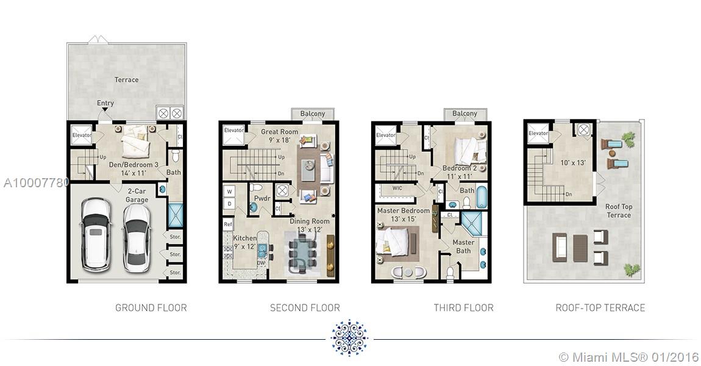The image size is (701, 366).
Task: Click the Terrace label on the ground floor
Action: pos(127,80)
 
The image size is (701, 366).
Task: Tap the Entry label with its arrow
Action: pos(105,105)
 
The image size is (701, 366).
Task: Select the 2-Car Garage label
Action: pos(137,196)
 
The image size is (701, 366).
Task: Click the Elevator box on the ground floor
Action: pos(82,135)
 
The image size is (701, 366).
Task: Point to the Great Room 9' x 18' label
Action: pos(279,136)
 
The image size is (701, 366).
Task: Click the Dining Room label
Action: pos(310,221)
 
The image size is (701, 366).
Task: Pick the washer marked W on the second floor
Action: pos(230,192)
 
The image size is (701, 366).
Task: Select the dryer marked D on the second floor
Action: pos(230,204)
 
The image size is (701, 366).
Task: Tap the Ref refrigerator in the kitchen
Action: pos(228,224)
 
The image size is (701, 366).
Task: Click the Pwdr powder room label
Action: pos(262,198)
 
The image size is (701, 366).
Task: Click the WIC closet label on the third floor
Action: pos(397,188)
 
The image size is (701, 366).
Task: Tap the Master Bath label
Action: pos(463,246)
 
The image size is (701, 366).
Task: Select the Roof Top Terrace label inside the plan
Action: pos(619,210)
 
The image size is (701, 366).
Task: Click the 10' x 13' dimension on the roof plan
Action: pos(573,163)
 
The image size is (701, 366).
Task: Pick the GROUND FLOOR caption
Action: pos(151,308)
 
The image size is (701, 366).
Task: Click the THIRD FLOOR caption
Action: pos(464,308)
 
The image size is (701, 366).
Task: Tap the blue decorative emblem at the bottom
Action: pos(349,338)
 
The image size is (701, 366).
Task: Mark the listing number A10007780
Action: pos(36,182)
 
